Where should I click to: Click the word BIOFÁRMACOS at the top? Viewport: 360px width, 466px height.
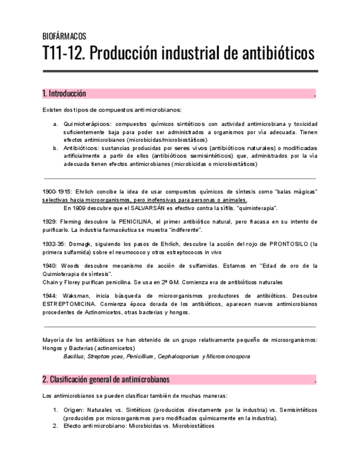[64, 37]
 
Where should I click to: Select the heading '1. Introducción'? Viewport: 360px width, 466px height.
[64, 94]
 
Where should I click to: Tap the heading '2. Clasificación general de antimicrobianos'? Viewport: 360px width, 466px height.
[106, 380]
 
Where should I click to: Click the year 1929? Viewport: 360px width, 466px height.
[49, 222]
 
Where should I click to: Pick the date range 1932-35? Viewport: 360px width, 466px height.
[53, 244]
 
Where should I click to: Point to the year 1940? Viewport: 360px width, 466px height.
[49, 266]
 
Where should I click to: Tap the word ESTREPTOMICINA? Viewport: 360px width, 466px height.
[69, 304]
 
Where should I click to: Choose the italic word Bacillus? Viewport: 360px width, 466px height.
[74, 357]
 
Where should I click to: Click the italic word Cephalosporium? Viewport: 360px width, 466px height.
[178, 357]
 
